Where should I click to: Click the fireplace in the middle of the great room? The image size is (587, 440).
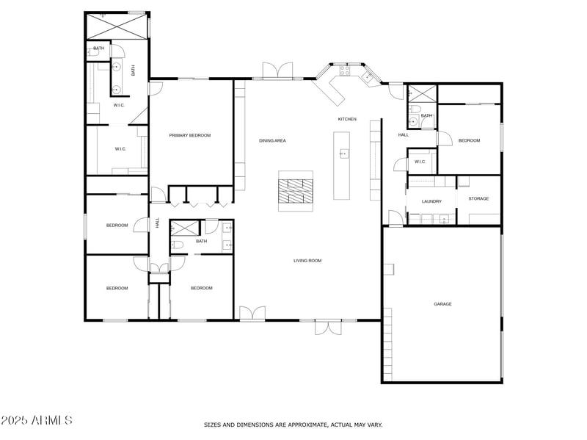[296, 191]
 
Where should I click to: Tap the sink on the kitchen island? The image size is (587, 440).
[343, 154]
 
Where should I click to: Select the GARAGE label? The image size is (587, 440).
[442, 304]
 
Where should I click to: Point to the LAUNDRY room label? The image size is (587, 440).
[431, 201]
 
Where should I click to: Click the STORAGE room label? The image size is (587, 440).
[478, 198]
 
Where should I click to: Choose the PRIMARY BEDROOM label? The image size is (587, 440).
[190, 135]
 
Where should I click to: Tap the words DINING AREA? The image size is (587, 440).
[272, 140]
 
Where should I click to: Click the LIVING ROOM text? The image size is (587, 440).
[307, 260]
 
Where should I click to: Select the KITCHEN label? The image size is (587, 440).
[347, 119]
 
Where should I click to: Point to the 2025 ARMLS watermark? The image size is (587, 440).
[37, 421]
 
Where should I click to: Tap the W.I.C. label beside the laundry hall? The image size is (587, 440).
[420, 162]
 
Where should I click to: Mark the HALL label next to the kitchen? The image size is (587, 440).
[404, 135]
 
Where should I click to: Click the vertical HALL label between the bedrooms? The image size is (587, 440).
[157, 223]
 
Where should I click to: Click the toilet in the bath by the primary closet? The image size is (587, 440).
[95, 52]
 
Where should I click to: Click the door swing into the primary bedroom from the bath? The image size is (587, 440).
[154, 88]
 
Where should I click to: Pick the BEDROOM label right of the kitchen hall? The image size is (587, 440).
[469, 140]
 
